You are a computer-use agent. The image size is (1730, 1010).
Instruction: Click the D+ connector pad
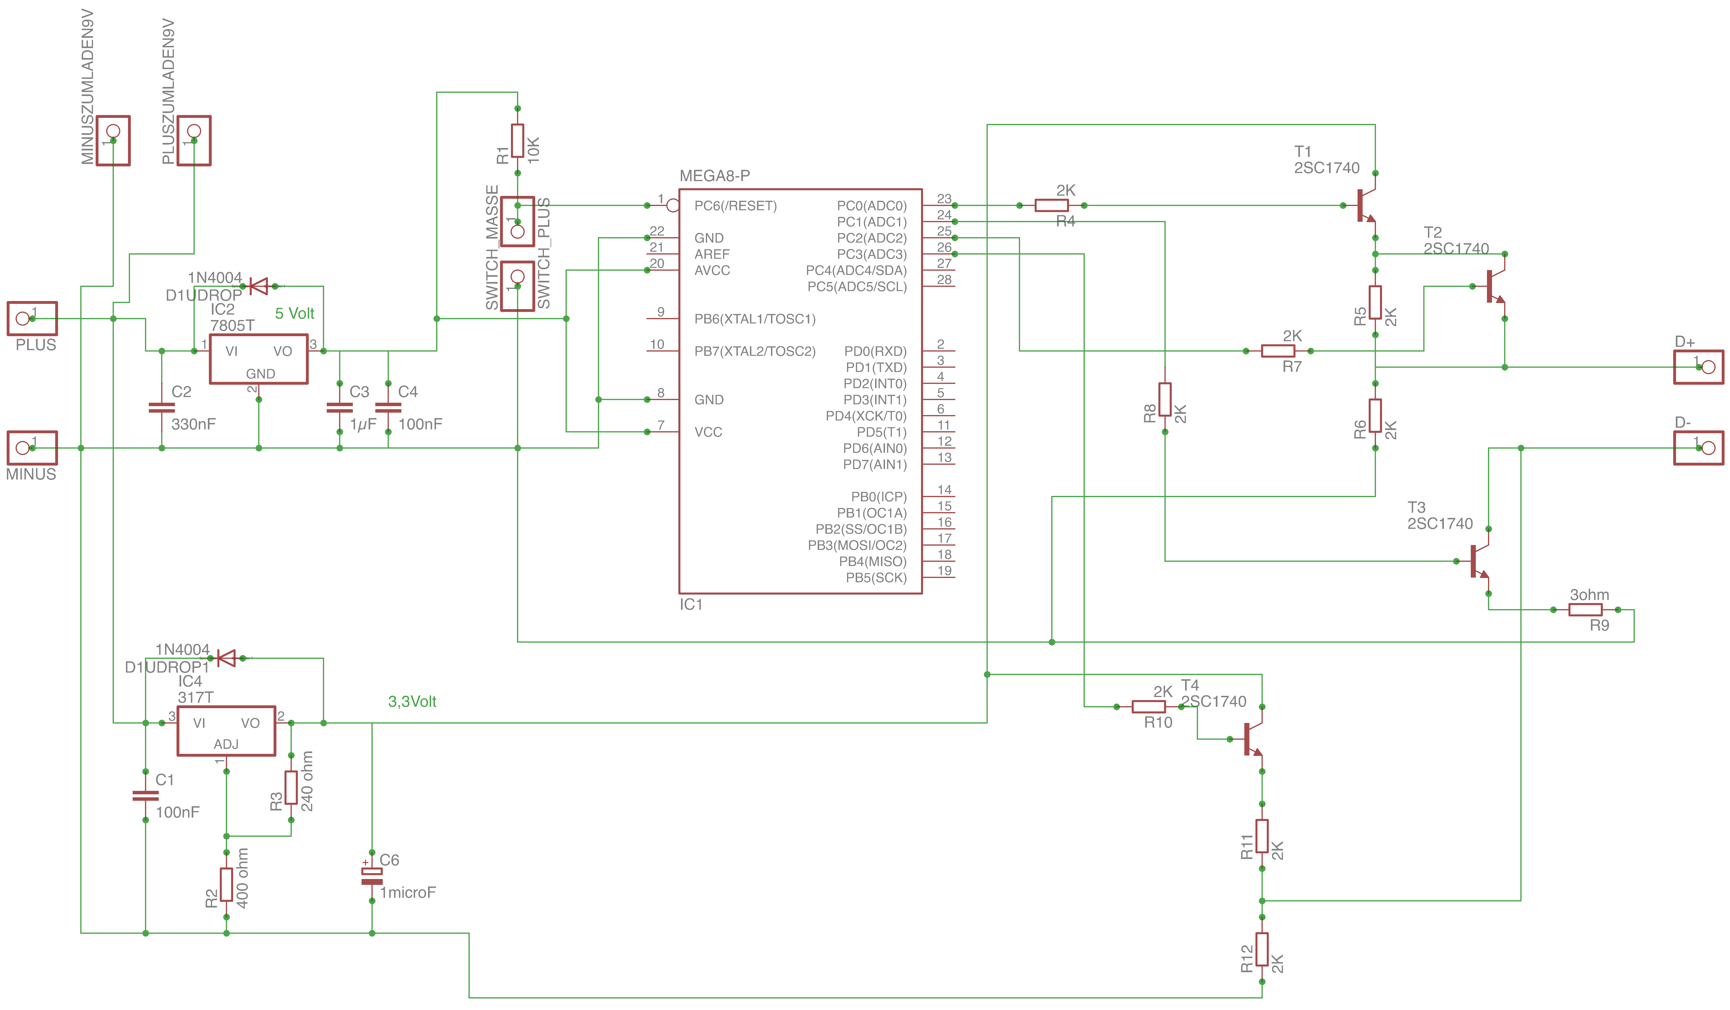point(1698,367)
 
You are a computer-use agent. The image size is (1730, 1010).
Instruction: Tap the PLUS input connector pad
point(32,319)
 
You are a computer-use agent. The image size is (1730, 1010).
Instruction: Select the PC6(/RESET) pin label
point(735,205)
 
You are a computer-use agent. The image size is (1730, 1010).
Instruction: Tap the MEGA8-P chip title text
point(715,176)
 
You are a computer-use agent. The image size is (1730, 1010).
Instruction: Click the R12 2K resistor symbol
point(1262,949)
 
